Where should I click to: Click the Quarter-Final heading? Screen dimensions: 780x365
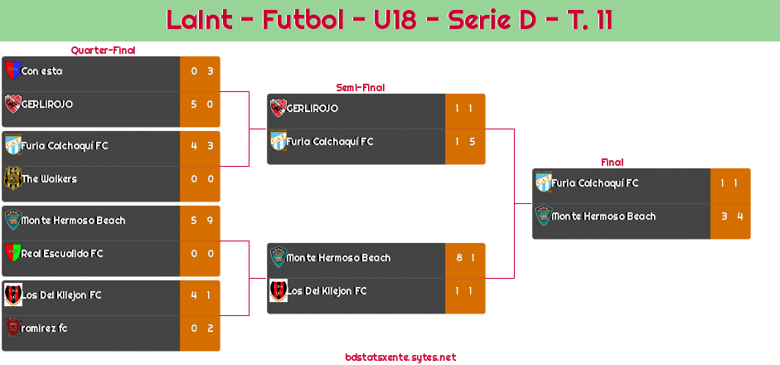click(103, 51)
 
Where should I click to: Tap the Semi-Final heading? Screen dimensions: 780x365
click(361, 88)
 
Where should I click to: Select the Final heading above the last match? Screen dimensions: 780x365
click(613, 163)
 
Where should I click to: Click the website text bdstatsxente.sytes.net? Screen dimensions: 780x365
click(400, 358)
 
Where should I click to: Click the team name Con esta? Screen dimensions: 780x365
click(41, 71)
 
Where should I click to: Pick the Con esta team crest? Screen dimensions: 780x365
click(12, 71)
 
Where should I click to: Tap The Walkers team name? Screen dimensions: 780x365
click(49, 178)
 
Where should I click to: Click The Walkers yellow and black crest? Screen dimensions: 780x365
click(12, 178)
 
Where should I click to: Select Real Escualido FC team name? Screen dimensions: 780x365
click(61, 254)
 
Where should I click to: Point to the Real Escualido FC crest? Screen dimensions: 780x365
click(12, 253)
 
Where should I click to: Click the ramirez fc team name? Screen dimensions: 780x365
click(44, 328)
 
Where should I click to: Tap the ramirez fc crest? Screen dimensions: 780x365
click(12, 328)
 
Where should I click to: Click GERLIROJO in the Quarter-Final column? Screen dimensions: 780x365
click(46, 104)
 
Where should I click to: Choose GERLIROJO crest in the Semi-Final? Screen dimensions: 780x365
click(278, 108)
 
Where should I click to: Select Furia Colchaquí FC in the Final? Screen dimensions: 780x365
click(594, 183)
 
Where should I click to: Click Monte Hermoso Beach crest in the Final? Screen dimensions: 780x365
click(544, 216)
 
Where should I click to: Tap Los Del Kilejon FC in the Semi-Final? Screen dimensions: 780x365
click(327, 291)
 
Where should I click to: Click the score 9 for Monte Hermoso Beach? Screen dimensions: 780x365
click(210, 221)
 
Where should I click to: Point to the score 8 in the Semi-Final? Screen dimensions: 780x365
click(459, 258)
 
